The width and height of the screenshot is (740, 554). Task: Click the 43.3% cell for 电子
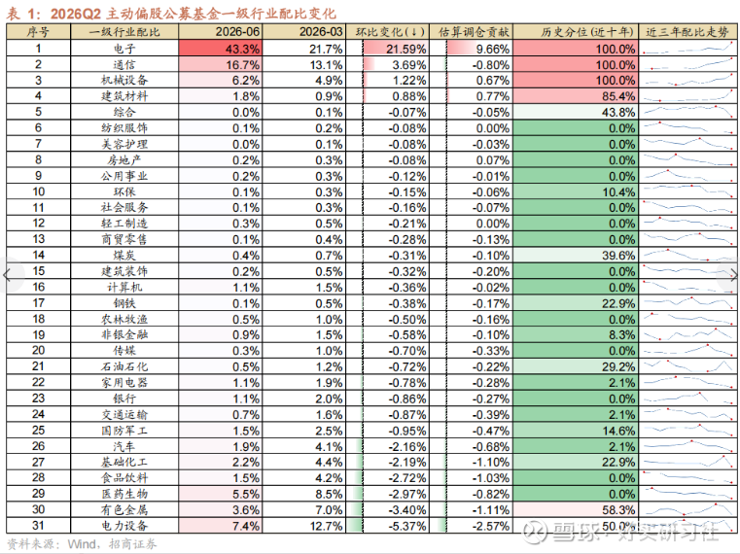click(x=220, y=49)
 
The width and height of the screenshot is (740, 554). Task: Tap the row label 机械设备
click(x=124, y=81)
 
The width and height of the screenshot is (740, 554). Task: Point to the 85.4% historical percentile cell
click(x=575, y=96)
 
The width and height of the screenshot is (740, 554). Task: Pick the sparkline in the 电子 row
click(x=687, y=49)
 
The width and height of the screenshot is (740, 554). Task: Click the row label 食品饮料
click(x=124, y=477)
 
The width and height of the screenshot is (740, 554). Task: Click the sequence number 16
click(x=38, y=287)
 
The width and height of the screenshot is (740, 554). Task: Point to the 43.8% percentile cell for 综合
click(x=575, y=113)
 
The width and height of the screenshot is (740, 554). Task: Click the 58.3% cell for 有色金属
click(x=575, y=509)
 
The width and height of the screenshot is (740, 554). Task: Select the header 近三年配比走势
click(x=687, y=32)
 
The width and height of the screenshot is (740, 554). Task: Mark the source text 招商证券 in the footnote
click(x=132, y=544)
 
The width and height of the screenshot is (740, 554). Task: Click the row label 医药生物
click(x=124, y=494)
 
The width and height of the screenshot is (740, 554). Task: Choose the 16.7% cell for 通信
click(x=220, y=65)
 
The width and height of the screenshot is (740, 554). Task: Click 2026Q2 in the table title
click(x=76, y=14)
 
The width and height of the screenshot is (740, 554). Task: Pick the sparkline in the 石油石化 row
click(x=687, y=365)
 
